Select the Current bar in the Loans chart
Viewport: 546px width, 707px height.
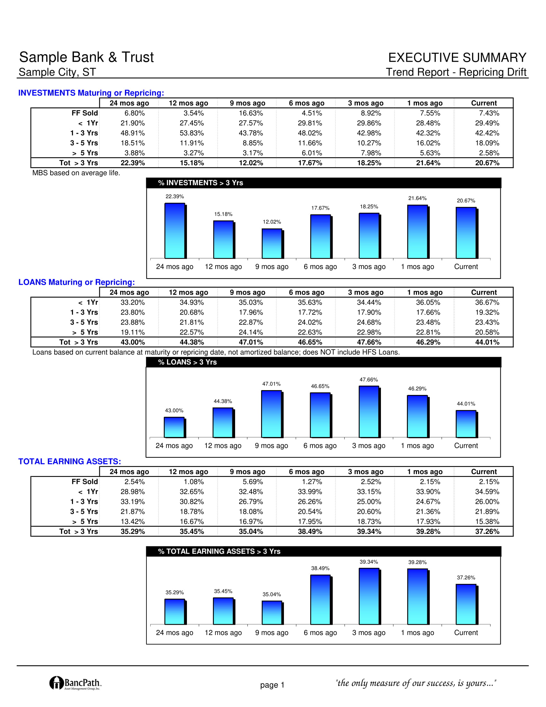click(x=467, y=424)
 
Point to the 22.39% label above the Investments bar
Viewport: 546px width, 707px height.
click(x=175, y=196)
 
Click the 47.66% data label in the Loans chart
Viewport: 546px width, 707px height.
click(x=369, y=380)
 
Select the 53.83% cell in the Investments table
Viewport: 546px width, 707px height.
click(x=192, y=133)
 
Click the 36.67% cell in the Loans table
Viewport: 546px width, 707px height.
click(x=487, y=302)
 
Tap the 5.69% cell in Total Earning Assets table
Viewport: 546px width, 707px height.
click(x=253, y=482)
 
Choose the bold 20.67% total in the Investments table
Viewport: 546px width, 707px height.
click(x=487, y=163)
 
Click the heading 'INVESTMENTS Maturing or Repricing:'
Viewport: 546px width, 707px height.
click(x=91, y=93)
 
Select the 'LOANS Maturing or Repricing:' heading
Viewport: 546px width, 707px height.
click(x=77, y=282)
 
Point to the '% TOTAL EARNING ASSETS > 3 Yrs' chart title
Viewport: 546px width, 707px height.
click(x=219, y=551)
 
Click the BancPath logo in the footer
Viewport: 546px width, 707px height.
click(x=76, y=683)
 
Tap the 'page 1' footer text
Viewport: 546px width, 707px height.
click(x=272, y=685)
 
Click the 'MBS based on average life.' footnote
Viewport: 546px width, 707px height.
click(x=76, y=173)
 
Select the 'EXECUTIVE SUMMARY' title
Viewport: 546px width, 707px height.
click(x=457, y=58)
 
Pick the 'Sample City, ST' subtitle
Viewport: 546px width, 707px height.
click(x=57, y=72)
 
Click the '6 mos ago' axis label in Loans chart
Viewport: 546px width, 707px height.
click(x=320, y=446)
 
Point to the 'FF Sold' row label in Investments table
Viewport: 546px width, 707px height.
click(x=85, y=113)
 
